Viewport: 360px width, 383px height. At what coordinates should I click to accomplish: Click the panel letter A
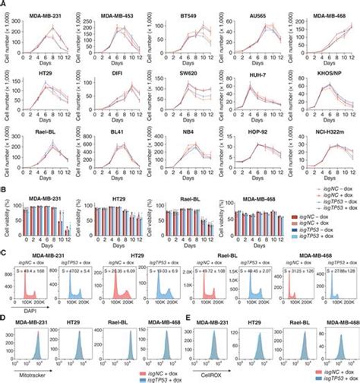[x=4, y=4]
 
